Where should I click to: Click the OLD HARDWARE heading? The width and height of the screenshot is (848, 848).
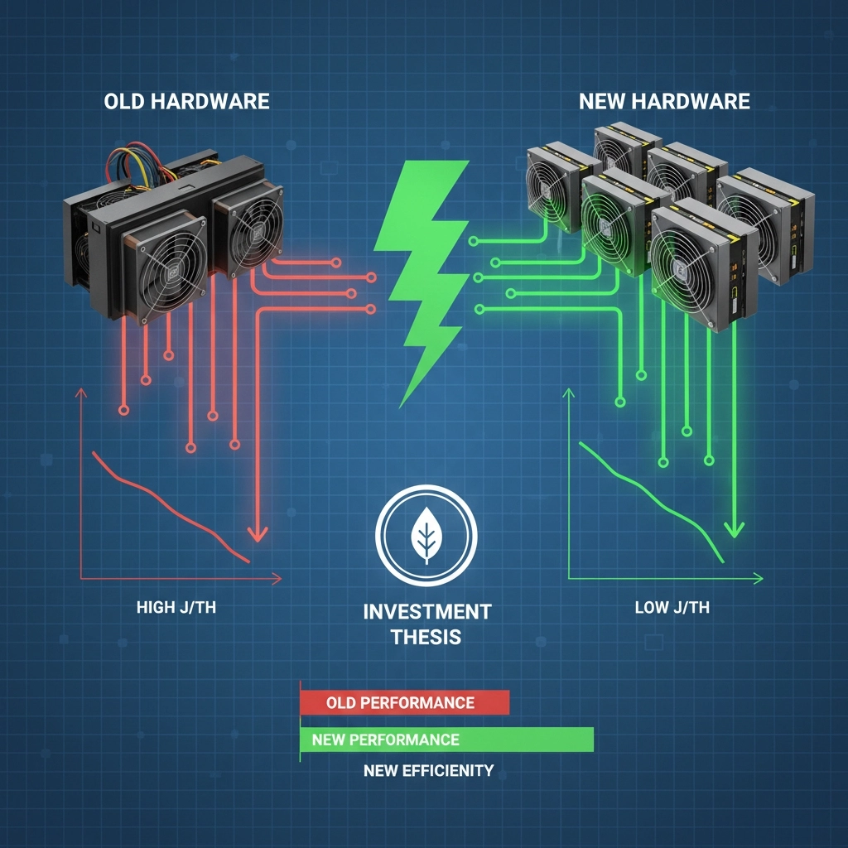pos(186,102)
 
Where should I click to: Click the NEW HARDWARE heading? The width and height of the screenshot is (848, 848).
pos(664,102)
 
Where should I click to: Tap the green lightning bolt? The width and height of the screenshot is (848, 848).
pos(422,273)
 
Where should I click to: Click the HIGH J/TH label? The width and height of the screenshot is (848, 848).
pos(176,608)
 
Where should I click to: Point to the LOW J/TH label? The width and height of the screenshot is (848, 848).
pos(672,608)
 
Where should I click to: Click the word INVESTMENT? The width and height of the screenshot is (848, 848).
pos(426,612)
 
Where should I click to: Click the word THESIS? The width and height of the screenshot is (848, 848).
pos(426,638)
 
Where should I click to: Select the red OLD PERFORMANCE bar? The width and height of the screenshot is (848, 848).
pos(404,702)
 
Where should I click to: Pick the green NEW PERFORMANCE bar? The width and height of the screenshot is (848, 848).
pos(447,739)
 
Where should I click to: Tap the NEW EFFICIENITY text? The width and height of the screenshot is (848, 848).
pos(428,770)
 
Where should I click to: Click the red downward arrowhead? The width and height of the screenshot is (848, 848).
pos(258,533)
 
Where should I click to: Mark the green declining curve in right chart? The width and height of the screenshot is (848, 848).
pos(654,497)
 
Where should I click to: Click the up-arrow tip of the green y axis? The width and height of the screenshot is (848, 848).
pos(569,394)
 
